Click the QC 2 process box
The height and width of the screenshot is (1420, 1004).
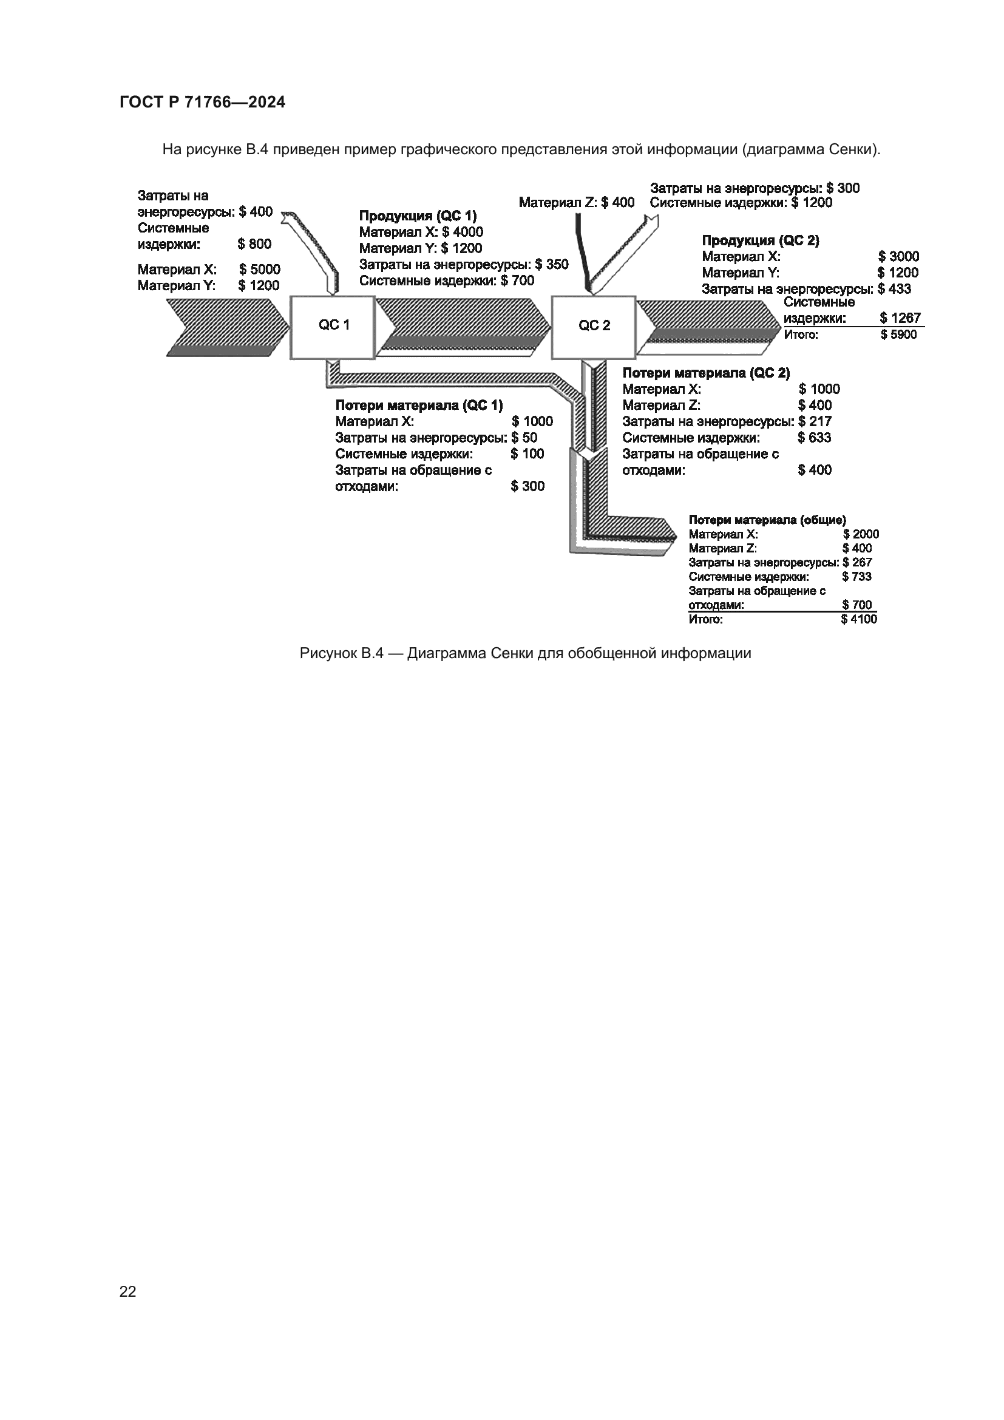click(594, 327)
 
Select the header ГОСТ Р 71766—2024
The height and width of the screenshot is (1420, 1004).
click(202, 103)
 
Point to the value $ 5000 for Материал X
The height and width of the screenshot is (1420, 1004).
click(260, 270)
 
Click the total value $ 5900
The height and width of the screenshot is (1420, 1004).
click(898, 335)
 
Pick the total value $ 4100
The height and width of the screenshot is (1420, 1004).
click(859, 619)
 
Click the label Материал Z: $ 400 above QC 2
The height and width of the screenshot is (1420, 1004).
click(576, 202)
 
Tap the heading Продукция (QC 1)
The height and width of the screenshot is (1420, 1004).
click(418, 216)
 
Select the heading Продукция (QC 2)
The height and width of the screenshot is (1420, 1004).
click(761, 240)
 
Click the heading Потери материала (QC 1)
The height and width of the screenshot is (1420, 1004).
click(419, 405)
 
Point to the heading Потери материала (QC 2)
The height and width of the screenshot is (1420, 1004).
click(706, 373)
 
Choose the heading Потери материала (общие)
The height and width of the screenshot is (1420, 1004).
click(767, 520)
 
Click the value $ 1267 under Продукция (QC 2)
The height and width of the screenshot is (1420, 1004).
click(900, 318)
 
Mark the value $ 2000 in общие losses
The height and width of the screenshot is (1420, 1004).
click(861, 534)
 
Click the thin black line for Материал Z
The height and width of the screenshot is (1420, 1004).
click(581, 247)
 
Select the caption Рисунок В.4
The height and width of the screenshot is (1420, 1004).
click(525, 653)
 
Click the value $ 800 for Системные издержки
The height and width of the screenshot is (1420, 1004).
click(254, 243)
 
